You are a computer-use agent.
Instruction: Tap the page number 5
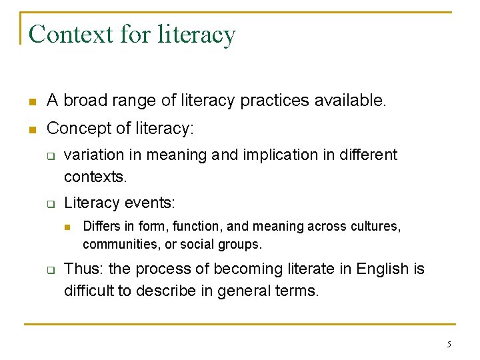[449, 344]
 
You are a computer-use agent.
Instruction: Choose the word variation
[94, 155]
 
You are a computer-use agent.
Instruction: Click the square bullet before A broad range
[31, 102]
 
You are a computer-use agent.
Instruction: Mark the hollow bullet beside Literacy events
[50, 203]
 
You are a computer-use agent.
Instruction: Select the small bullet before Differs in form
[68, 227]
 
